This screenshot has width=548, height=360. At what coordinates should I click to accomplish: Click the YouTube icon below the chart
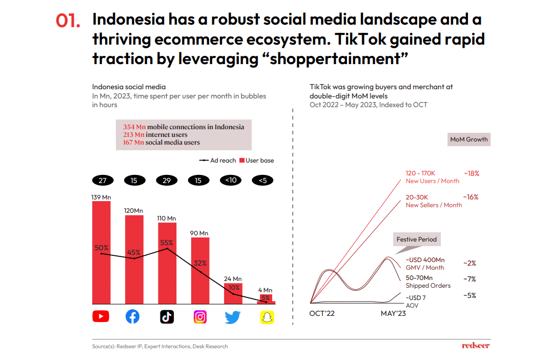[100, 316]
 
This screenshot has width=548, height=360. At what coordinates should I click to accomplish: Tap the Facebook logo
[132, 317]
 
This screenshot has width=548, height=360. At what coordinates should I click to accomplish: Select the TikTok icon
[167, 317]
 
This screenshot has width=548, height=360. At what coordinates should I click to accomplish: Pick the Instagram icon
[200, 317]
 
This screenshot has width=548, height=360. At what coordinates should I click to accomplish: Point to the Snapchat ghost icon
[266, 317]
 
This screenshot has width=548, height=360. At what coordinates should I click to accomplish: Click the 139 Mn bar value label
[101, 197]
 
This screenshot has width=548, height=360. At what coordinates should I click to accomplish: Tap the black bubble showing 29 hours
[166, 181]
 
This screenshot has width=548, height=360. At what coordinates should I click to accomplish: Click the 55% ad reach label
[167, 243]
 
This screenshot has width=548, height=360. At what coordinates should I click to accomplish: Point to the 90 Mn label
[200, 233]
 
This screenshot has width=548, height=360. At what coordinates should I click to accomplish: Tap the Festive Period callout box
[417, 239]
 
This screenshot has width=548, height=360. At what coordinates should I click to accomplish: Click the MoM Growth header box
[469, 139]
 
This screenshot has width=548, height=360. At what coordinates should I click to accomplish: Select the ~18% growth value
[471, 173]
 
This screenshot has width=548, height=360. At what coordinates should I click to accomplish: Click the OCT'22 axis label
[322, 313]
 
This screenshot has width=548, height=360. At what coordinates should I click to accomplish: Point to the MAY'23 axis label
[393, 313]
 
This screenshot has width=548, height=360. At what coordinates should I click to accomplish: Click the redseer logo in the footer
[476, 346]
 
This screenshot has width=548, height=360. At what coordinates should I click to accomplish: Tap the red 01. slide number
[68, 21]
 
